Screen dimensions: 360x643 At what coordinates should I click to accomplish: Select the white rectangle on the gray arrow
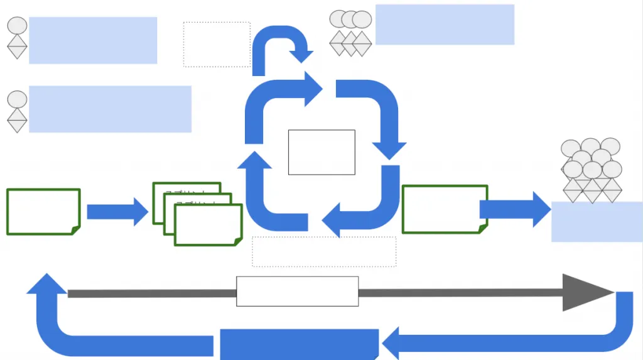tap(297, 292)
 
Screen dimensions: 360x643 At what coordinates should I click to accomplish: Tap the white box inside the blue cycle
tap(321, 152)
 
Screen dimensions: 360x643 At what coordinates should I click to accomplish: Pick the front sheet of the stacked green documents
tap(208, 225)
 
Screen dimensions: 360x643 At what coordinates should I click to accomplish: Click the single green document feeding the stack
tap(43, 211)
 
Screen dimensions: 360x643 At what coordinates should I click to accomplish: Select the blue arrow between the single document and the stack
tap(117, 212)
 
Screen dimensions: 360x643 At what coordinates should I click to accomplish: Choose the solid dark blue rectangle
tap(299, 344)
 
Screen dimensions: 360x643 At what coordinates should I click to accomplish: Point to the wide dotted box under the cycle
tap(324, 251)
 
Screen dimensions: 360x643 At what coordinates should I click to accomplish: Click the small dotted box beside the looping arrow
tap(217, 44)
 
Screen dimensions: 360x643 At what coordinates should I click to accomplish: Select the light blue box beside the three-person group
tap(445, 25)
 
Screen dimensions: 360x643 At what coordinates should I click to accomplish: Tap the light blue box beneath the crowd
tap(597, 222)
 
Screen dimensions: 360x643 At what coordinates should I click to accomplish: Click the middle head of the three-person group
tap(350, 19)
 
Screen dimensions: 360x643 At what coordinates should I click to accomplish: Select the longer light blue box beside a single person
tap(110, 109)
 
